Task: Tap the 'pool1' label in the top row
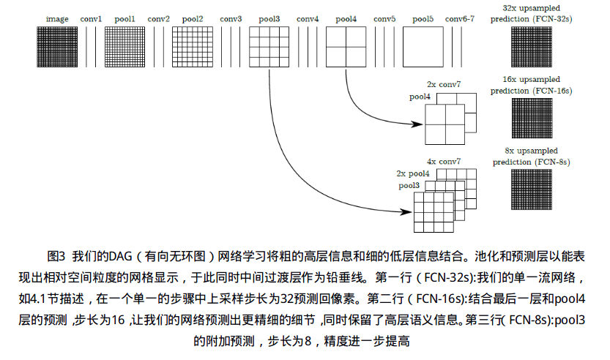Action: coord(124,18)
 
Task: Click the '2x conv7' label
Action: coord(445,85)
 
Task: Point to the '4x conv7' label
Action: coord(445,161)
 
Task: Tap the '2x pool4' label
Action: coord(412,173)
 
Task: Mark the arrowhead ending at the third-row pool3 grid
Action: coord(407,212)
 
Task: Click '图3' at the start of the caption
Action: coord(56,256)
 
